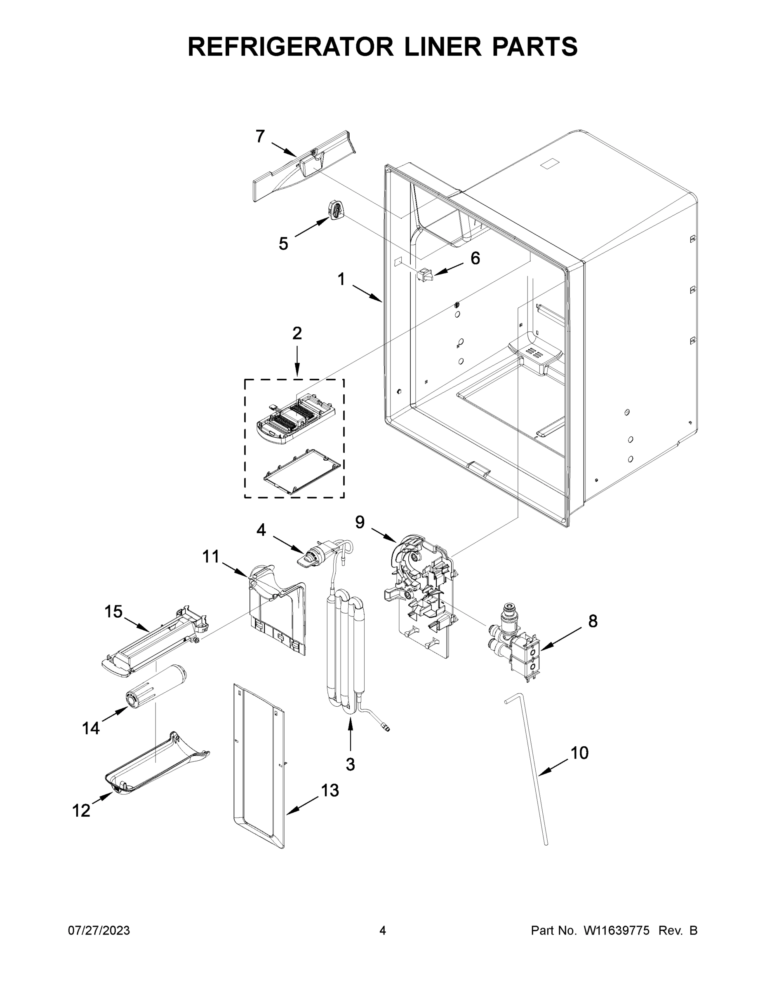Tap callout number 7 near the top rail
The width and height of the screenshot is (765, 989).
[x=260, y=136]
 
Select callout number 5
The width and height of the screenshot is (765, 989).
[x=283, y=244]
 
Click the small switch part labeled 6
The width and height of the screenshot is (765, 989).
[x=425, y=275]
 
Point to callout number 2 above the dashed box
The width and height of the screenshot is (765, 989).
[x=297, y=333]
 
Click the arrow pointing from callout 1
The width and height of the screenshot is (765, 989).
[x=367, y=293]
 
